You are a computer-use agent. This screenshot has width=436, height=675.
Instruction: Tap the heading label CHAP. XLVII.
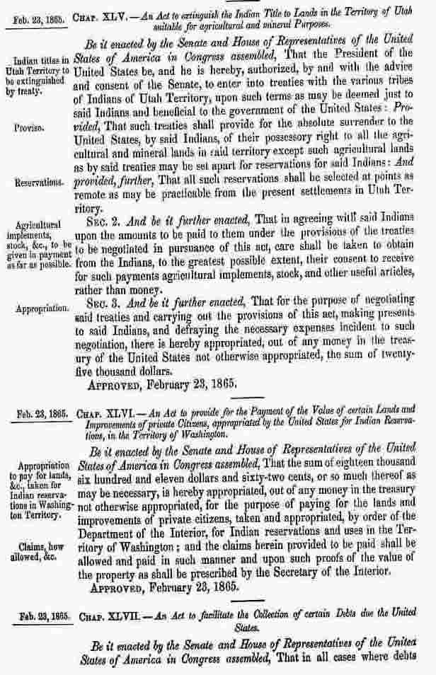pyautogui.click(x=97, y=616)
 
